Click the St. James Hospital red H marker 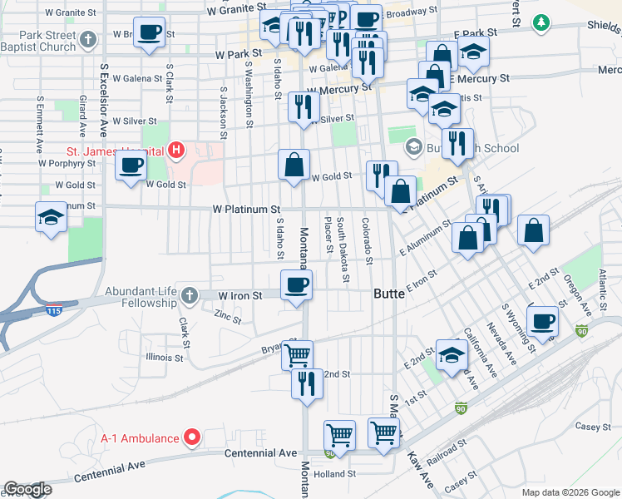coord(176,151)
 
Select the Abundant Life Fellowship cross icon coord(190,294)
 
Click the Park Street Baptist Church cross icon coord(89,38)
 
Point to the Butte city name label coord(389,294)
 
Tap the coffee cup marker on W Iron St coord(297,286)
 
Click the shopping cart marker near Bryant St coord(298,356)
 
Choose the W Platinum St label coord(246,210)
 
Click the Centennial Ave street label coord(261,453)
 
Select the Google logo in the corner coord(27,489)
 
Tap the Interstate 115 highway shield coord(54,311)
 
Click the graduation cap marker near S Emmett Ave coord(52,217)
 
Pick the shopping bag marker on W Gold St coord(294,165)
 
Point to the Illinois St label coord(164,358)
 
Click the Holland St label coord(336,474)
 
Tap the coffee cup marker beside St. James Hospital coord(131,165)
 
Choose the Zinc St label coord(227,317)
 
